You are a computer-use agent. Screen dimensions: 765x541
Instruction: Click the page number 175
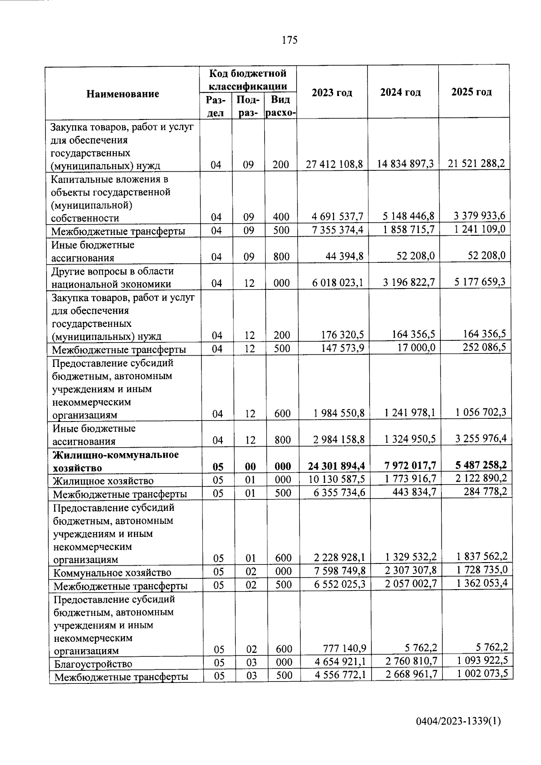click(x=289, y=40)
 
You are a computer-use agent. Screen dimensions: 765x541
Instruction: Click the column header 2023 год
click(x=332, y=92)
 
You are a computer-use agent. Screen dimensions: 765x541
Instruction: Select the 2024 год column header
click(x=400, y=92)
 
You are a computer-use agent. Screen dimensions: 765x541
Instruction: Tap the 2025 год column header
click(x=472, y=92)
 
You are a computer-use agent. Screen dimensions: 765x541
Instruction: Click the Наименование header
click(x=123, y=94)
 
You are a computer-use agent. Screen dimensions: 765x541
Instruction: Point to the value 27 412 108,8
click(x=335, y=164)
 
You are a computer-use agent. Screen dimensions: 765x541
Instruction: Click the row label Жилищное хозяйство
click(x=103, y=481)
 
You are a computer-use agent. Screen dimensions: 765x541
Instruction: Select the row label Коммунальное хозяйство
click(x=112, y=573)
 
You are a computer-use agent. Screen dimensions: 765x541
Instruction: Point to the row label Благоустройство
click(x=93, y=664)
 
